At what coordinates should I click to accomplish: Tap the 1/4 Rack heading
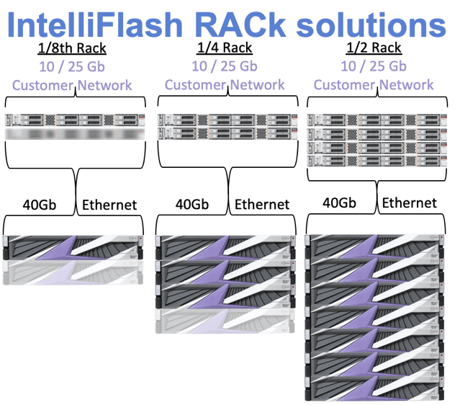click(225, 48)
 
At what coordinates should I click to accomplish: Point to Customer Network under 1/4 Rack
click(225, 84)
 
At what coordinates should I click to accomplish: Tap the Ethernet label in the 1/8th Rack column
click(109, 205)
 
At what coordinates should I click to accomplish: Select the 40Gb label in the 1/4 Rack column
click(193, 204)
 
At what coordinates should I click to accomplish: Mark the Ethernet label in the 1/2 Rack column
click(409, 202)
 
